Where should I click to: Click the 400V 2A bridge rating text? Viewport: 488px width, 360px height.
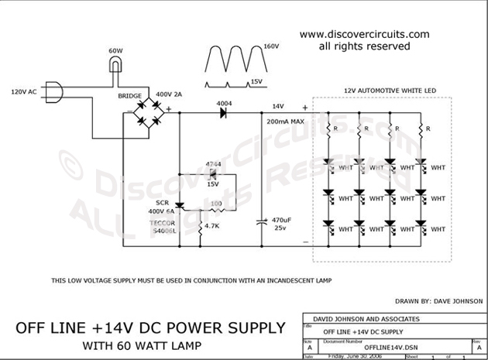pos(190,94)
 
